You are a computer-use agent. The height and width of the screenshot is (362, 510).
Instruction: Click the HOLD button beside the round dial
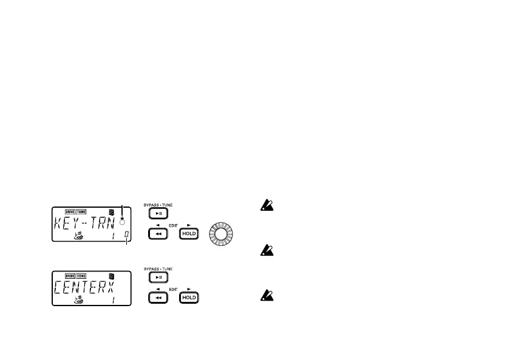[x=189, y=234]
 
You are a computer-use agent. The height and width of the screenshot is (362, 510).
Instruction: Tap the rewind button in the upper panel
[x=158, y=234]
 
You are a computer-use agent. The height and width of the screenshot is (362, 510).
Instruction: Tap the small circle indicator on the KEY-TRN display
[x=122, y=216]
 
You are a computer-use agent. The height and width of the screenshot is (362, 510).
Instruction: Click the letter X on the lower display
[x=115, y=286]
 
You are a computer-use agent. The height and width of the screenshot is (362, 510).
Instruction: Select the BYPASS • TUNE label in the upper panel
[x=158, y=205]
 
